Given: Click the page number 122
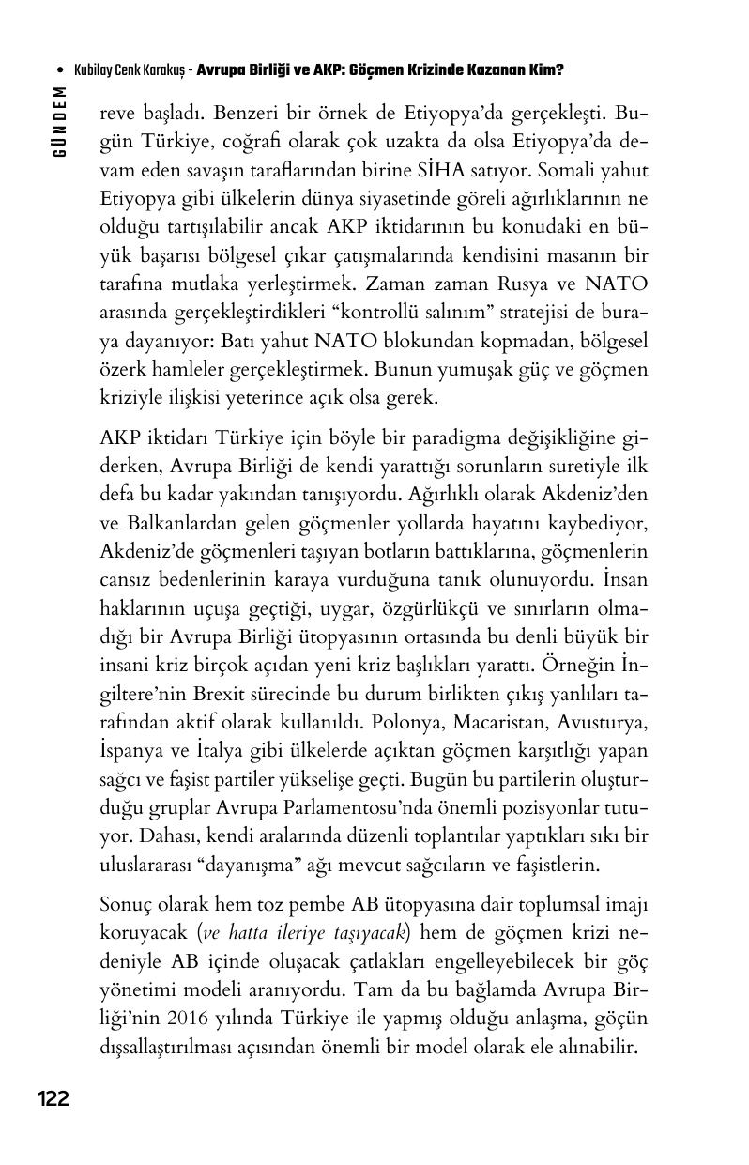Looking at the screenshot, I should [x=53, y=1098].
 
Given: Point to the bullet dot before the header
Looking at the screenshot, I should [x=61, y=70].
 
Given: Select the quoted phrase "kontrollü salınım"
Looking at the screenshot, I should [x=406, y=312].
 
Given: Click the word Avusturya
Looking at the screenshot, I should [x=603, y=723].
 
